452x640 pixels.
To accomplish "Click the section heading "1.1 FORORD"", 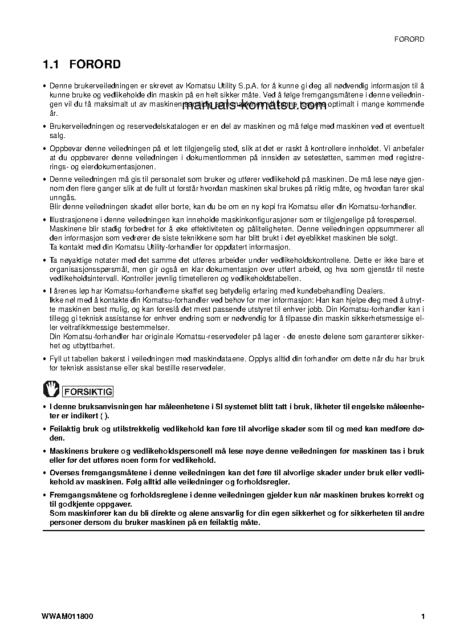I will click(82, 64).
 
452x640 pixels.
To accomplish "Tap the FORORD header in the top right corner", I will click(409, 39).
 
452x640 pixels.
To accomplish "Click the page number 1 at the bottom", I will click(422, 616).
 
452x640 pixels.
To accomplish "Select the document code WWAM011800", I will click(67, 616).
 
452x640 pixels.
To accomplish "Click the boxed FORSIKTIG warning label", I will click(87, 392).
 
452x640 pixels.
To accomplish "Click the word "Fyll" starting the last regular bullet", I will click(56, 358).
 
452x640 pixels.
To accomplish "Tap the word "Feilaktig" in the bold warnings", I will click(66, 427).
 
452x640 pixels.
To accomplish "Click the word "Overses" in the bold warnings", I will click(66, 472).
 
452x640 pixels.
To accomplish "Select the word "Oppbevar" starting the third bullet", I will click(66, 148).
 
